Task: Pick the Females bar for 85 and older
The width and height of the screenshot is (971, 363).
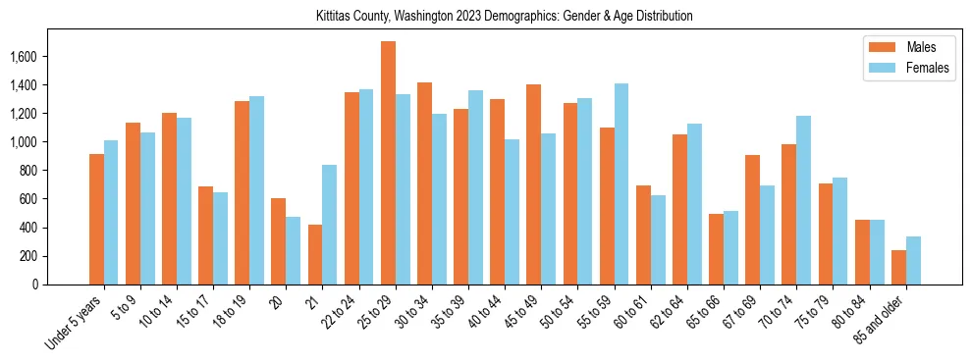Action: click(913, 261)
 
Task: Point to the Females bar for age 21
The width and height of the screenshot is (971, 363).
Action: click(330, 225)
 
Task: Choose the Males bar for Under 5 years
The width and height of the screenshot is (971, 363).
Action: click(96, 220)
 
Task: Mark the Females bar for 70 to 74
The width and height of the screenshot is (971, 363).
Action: click(804, 200)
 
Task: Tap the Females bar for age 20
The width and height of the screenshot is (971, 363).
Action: click(294, 251)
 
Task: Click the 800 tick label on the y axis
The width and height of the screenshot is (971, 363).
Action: click(27, 171)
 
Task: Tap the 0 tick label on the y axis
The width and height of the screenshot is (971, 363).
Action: click(34, 285)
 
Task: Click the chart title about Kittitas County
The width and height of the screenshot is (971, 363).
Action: click(505, 17)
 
